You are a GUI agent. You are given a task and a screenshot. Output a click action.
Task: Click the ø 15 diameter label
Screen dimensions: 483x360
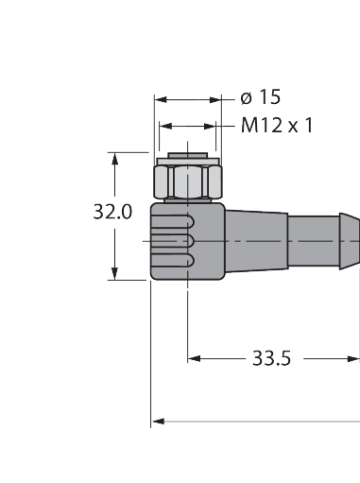[261, 97]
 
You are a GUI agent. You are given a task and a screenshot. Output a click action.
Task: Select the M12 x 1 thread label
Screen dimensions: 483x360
[276, 126]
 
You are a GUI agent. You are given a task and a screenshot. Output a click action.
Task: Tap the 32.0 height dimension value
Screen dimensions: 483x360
[111, 213]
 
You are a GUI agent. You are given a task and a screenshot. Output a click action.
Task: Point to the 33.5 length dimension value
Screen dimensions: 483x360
[271, 358]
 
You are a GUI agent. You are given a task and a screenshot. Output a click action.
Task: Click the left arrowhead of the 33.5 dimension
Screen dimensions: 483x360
[195, 358]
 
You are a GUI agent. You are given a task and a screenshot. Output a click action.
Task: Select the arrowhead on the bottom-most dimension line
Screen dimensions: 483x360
[158, 422]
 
